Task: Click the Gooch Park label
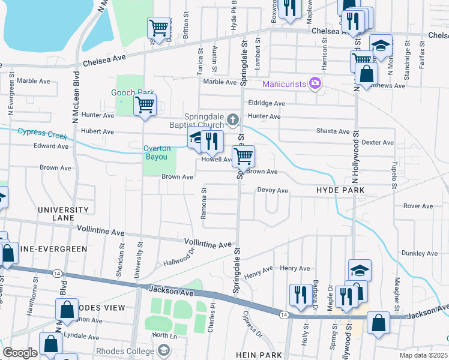click(x=125, y=92)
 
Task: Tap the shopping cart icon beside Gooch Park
click(x=145, y=105)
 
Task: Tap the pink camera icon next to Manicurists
click(x=314, y=83)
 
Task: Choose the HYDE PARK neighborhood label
click(x=340, y=190)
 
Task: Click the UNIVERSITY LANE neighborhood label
click(x=63, y=215)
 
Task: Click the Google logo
click(x=20, y=353)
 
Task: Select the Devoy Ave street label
click(x=273, y=191)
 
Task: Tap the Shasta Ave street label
click(x=333, y=131)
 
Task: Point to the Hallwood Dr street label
click(x=179, y=258)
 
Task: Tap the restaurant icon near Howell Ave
click(x=211, y=142)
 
